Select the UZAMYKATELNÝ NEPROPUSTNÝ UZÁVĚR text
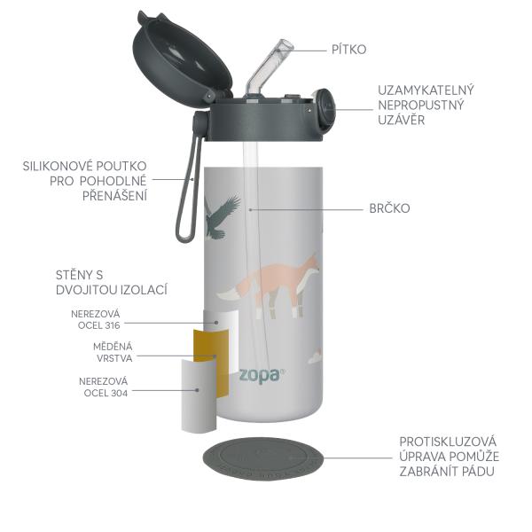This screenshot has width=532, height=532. coord(426,105)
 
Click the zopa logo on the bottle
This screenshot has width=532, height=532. coord(258,372)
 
